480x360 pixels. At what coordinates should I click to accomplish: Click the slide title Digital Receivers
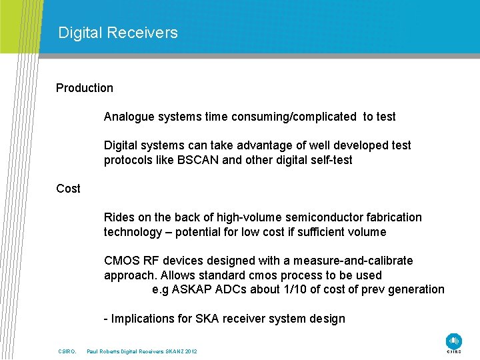coord(118,33)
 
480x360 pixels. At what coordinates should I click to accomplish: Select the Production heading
coord(85,88)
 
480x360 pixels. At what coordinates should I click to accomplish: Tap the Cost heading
coord(68,189)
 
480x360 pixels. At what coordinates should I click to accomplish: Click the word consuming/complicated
coord(294,117)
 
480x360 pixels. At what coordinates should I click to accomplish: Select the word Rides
coord(119,217)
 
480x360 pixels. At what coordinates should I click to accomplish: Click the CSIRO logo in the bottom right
coord(454,341)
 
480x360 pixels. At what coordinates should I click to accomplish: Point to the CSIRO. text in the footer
coord(68,351)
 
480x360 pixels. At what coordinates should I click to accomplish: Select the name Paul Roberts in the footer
coord(104,351)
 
